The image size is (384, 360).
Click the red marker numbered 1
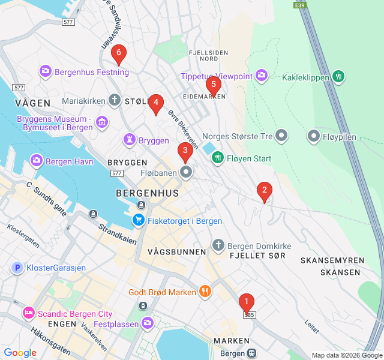point(246,302)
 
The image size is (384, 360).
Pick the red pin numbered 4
point(156,103)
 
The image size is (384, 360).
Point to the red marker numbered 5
point(213,85)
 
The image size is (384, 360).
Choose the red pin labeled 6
point(118,55)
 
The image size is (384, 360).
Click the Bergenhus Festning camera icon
point(46,72)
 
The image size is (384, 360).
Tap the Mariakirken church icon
point(115,101)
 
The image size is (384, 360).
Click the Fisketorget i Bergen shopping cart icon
point(139,221)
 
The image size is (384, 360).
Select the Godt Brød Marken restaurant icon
point(205,292)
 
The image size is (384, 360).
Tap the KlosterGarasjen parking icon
point(17,268)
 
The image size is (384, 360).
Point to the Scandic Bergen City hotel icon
point(28,314)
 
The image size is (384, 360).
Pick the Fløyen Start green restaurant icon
point(217,158)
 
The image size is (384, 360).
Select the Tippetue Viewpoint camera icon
point(261,76)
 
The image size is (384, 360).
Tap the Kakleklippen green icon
point(339,77)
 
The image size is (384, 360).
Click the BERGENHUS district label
point(147,193)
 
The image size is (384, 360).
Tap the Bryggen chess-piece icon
point(129,140)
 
